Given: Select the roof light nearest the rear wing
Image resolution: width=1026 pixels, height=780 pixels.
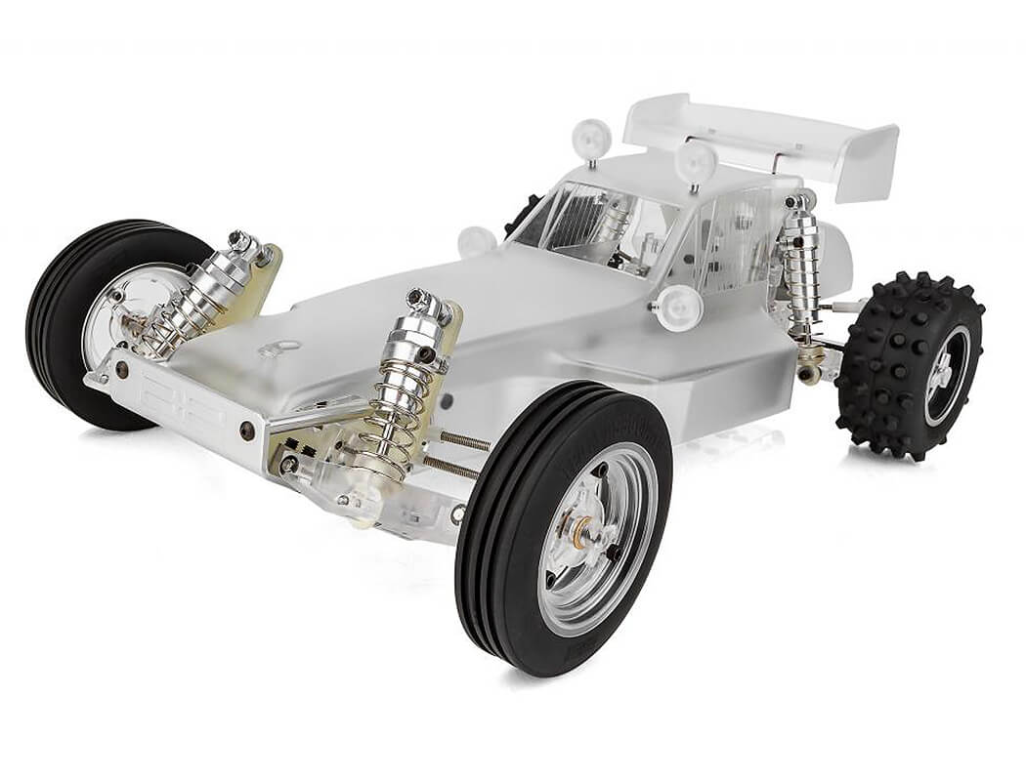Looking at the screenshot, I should pos(696,161).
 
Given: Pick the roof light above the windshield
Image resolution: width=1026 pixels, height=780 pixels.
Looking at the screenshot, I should pos(592,137).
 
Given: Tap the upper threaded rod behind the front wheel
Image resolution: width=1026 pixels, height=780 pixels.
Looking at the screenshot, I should pos(464,440).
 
